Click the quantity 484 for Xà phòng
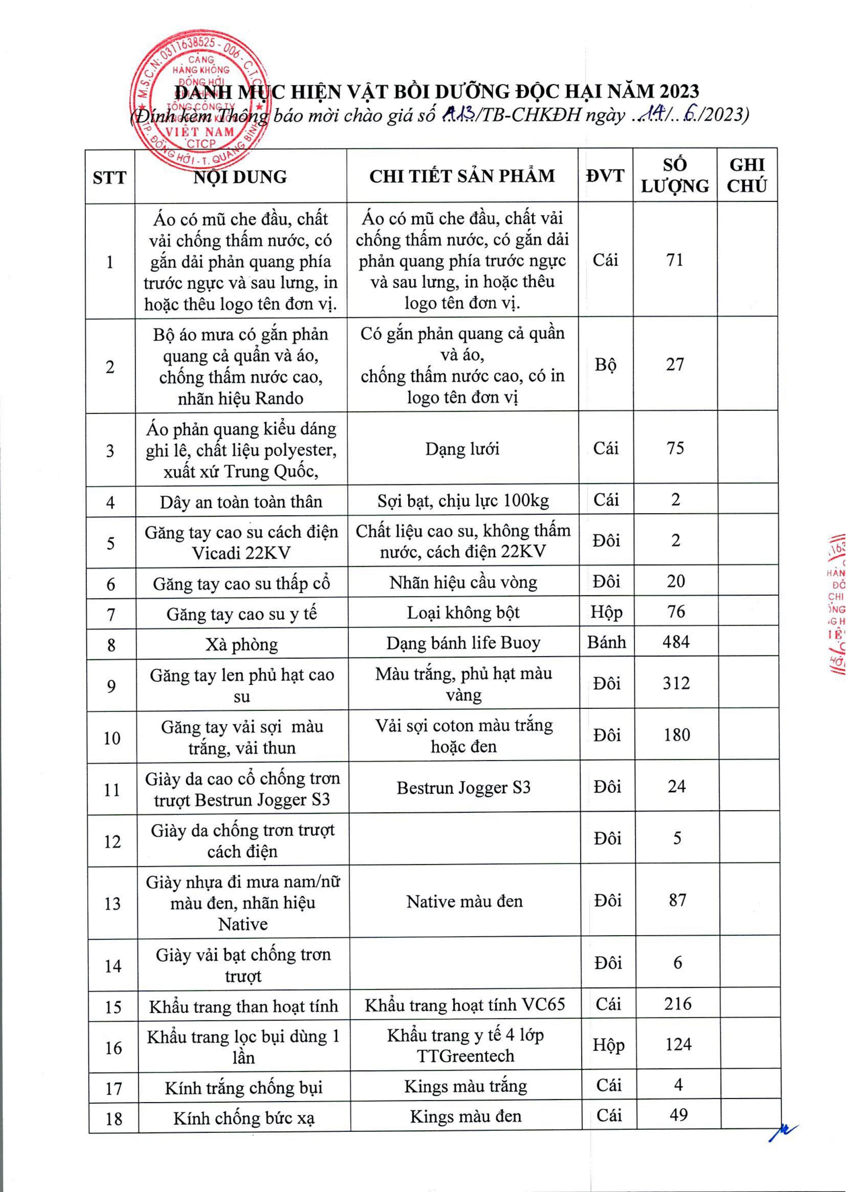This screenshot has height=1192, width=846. (676, 642)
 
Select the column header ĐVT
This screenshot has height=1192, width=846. (605, 176)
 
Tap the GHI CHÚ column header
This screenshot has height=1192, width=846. (746, 176)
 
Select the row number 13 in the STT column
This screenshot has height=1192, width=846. (113, 903)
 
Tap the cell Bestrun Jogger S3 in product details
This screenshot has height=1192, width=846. (463, 787)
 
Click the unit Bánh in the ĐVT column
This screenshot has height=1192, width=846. (607, 642)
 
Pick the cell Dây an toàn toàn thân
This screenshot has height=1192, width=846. (241, 501)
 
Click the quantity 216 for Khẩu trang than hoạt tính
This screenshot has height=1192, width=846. (677, 1004)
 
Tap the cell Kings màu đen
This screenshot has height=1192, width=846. (465, 1116)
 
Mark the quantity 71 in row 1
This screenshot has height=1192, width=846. (675, 259)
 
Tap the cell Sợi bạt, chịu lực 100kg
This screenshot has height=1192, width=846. (463, 500)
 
